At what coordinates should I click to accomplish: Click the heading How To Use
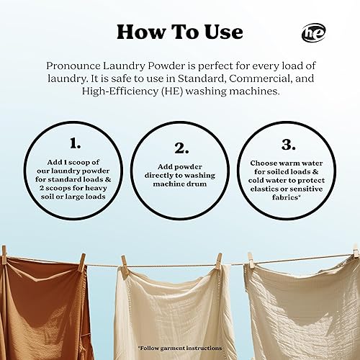click(x=179, y=32)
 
